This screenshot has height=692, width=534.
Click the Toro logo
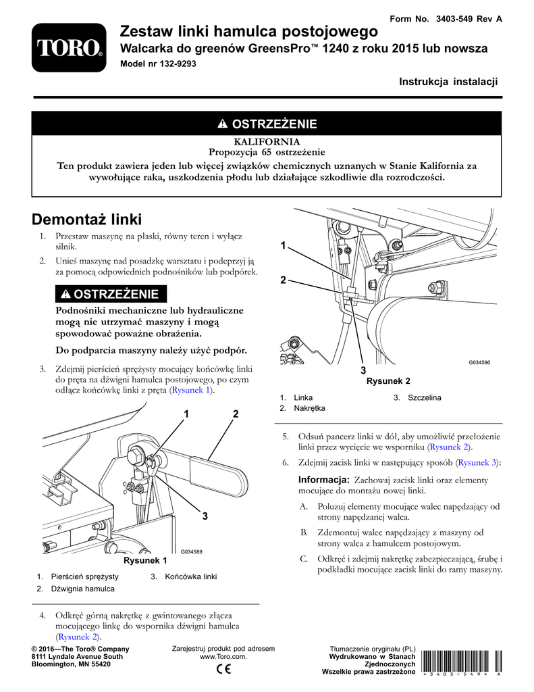(69, 47)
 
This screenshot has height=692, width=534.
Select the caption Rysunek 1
(144, 561)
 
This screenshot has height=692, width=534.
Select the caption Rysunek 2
(388, 381)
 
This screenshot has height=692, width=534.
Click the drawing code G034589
(192, 552)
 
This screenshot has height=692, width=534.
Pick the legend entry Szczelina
(424, 398)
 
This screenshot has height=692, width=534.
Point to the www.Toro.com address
(223, 656)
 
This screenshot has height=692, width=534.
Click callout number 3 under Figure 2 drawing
(363, 371)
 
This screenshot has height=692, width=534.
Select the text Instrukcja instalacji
(448, 82)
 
